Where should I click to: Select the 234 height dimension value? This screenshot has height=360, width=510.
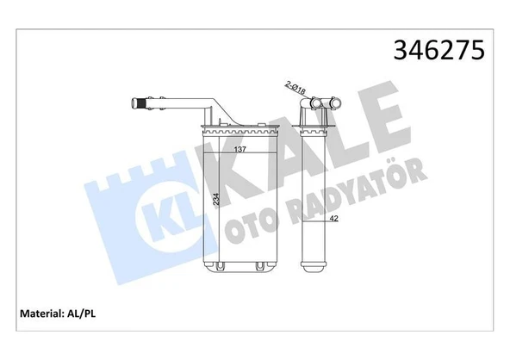click(215, 203)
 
